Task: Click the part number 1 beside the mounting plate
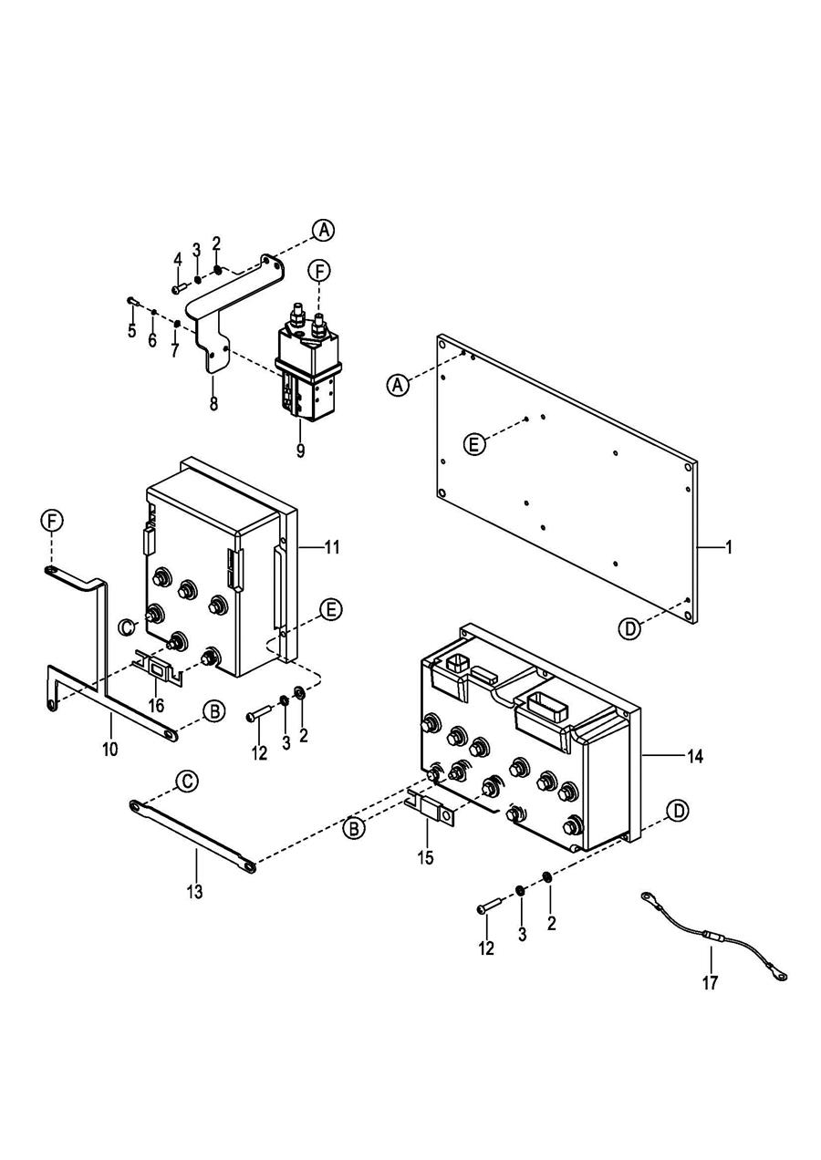pyautogui.click(x=729, y=547)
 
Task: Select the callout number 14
pyautogui.click(x=694, y=757)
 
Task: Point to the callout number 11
pyautogui.click(x=331, y=547)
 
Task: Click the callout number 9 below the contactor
pyautogui.click(x=300, y=450)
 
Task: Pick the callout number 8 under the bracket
pyautogui.click(x=213, y=403)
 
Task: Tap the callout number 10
pyautogui.click(x=110, y=749)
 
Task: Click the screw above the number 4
pyautogui.click(x=179, y=289)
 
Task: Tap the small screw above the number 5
pyautogui.click(x=130, y=300)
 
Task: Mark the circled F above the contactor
pyautogui.click(x=319, y=271)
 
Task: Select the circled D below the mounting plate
pyautogui.click(x=629, y=628)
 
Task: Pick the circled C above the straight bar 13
pyautogui.click(x=188, y=780)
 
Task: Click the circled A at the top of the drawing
pyautogui.click(x=324, y=230)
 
